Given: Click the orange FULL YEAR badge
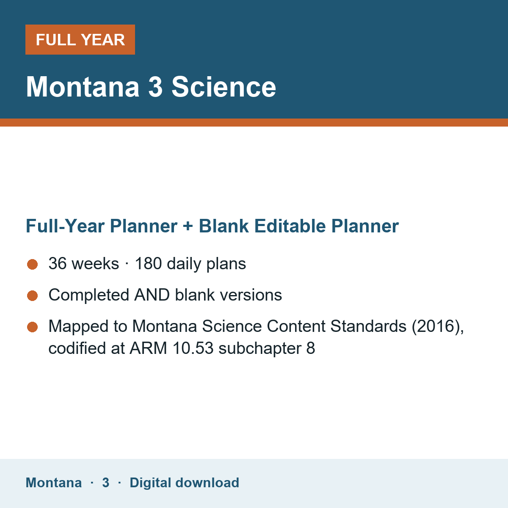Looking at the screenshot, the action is [80, 39].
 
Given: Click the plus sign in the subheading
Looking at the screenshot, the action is [188, 226].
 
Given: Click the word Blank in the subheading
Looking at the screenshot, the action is [224, 226].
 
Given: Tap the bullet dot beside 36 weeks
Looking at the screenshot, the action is [33, 265].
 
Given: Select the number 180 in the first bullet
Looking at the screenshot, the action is [148, 263].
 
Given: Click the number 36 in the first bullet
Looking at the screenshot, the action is [58, 263].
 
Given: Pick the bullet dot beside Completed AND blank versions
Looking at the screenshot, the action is [33, 295].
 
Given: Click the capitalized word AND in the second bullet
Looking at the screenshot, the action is [152, 295].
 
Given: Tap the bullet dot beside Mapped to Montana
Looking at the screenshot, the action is [33, 327].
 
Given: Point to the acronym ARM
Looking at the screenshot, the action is [148, 348].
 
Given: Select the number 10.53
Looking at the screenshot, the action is [193, 348].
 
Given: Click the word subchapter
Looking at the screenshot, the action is [260, 348].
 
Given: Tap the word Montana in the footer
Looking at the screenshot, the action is [53, 483].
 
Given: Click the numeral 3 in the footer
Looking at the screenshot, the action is [106, 483].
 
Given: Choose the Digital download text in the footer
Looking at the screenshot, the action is [184, 483].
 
